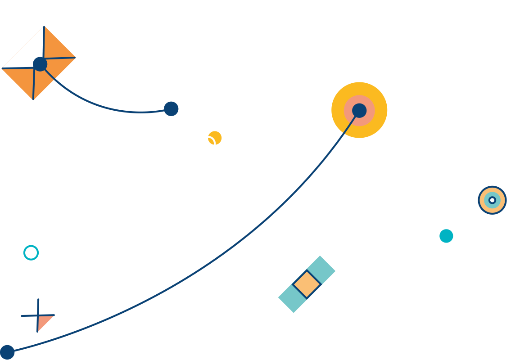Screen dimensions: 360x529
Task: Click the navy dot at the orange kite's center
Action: pos(40,64)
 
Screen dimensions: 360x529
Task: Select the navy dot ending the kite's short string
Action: pos(171,108)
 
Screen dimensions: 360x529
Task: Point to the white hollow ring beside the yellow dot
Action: pos(208,144)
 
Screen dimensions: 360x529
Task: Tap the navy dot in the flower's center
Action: pos(359,110)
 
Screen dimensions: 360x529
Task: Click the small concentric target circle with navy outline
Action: pos(492,200)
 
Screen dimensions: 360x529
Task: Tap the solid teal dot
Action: pos(446,236)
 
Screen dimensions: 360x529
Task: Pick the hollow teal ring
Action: pos(31,253)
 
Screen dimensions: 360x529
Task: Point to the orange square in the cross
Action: pos(307,284)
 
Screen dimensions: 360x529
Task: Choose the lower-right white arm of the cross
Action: pos(323,300)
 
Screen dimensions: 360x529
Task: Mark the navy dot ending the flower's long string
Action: pos(7,352)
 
